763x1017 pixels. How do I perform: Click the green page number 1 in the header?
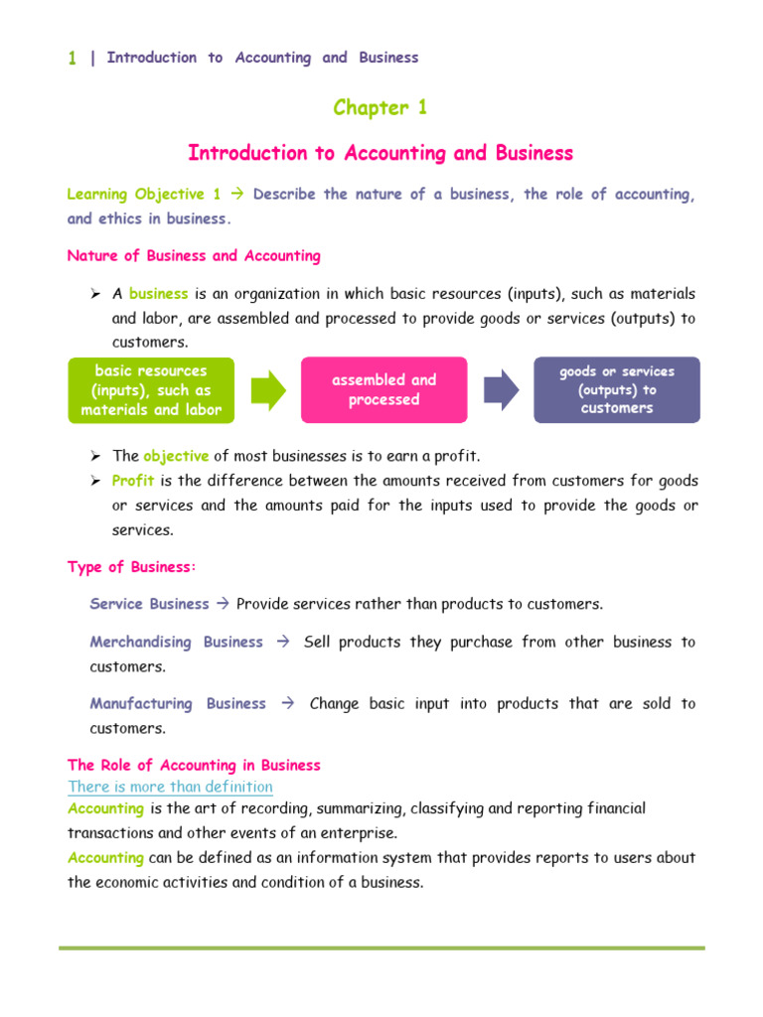[73, 58]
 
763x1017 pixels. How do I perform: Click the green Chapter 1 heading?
[381, 108]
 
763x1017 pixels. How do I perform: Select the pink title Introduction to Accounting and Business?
[381, 153]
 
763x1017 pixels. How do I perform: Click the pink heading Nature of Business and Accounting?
[194, 256]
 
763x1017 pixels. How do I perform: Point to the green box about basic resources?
[151, 389]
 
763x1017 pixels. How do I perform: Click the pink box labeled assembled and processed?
[383, 389]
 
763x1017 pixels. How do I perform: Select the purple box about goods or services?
[616, 389]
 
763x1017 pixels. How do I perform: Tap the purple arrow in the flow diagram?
[501, 389]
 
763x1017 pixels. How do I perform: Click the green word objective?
[176, 456]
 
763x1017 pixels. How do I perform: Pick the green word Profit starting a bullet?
[132, 481]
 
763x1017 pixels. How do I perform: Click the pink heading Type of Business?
[132, 567]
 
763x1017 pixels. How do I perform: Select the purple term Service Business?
[150, 604]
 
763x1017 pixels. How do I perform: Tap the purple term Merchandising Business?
[177, 642]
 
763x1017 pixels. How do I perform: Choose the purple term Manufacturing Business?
[178, 703]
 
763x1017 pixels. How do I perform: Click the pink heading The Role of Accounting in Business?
[194, 765]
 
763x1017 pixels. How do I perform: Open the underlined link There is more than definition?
[170, 787]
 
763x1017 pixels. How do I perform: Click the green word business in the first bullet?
[158, 294]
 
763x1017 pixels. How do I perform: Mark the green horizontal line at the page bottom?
[381, 947]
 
